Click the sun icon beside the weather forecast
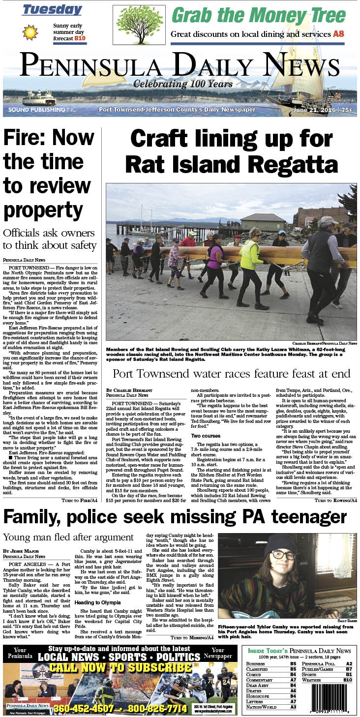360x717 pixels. point(30,32)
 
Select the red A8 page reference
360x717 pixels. point(339,34)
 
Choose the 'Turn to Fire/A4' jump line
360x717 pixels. point(80,321)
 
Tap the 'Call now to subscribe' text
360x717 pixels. point(120,668)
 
